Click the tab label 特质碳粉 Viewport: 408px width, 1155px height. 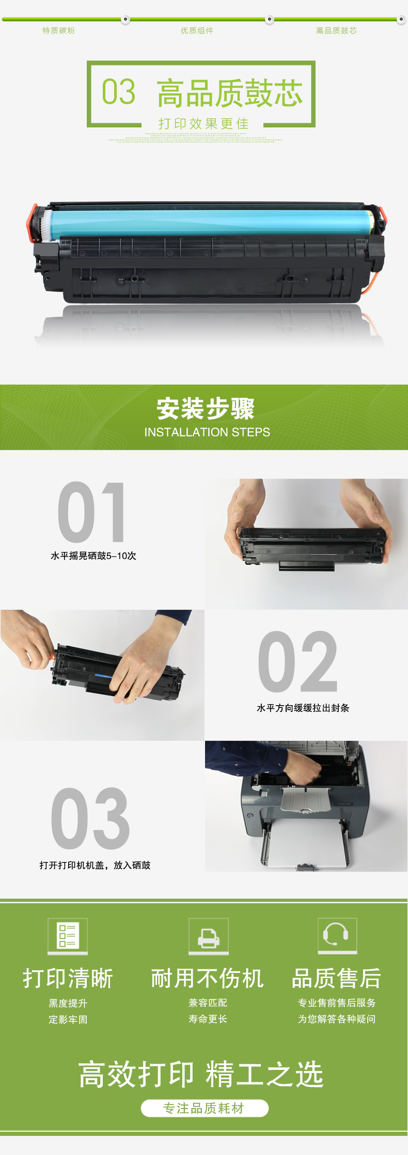coord(58,30)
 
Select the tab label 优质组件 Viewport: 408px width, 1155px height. coord(197,30)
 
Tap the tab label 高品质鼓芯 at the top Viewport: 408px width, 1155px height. coord(336,30)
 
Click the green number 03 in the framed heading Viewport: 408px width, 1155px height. coord(118,92)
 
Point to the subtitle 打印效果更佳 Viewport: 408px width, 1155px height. coord(203,124)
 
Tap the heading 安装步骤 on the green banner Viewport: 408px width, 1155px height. coord(206,409)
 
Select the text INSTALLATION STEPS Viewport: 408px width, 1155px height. coord(207,432)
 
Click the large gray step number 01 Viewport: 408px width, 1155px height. coord(91,512)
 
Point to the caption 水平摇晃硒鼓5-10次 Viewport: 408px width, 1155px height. coord(93,556)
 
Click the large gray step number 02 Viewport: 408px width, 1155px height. coord(298,661)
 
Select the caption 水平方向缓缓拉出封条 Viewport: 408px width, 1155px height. coord(303,708)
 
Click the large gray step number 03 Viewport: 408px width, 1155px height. coord(90,819)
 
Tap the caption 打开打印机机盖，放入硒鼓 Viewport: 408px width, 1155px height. coord(95,865)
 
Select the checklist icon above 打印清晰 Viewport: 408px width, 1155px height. coord(68,936)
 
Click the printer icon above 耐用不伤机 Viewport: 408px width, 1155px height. coord(209,936)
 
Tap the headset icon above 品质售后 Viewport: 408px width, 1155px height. coord(338,935)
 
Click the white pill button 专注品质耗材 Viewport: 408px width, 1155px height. coord(205,1108)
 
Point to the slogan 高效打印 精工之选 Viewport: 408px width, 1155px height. coord(201,1075)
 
